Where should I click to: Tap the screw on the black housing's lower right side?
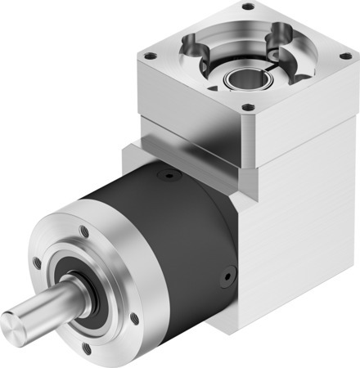click(222, 280)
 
